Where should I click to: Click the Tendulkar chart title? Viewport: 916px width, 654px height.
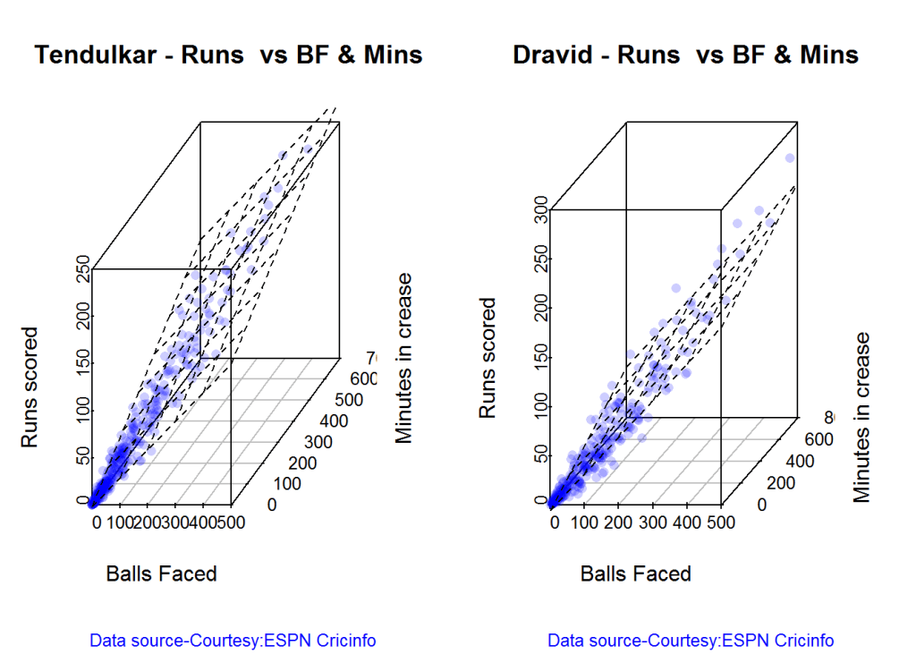(228, 55)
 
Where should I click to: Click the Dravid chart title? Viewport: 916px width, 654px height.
(685, 55)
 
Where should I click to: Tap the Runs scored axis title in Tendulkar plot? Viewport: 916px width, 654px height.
(30, 386)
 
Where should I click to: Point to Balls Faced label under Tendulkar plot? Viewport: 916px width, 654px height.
(161, 573)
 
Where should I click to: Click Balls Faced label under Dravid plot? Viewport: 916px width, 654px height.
(636, 573)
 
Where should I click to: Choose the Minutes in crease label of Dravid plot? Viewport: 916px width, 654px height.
(861, 417)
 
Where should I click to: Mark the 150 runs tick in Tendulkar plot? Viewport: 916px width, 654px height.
(83, 363)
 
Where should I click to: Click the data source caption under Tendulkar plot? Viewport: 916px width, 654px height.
(233, 641)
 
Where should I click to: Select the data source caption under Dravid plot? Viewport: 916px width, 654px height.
(691, 641)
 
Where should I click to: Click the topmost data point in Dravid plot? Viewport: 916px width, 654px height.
(789, 158)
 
